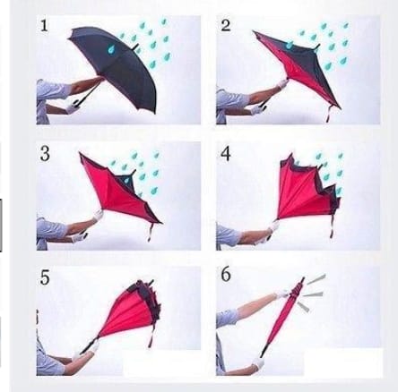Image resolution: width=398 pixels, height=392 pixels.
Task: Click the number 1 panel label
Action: point(44,26)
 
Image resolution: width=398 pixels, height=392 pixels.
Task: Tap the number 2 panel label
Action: point(226,25)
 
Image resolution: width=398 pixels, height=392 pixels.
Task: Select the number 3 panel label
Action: point(45,154)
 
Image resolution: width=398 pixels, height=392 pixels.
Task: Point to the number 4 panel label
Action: point(226,154)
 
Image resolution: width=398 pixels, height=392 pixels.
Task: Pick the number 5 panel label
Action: point(45,277)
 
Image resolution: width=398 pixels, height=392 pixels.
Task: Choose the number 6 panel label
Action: point(226,275)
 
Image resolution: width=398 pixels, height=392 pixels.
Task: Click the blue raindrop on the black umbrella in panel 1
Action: point(112,48)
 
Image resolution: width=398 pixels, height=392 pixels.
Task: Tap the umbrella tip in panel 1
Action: point(136,47)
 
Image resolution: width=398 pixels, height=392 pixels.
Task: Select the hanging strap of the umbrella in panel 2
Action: point(328,114)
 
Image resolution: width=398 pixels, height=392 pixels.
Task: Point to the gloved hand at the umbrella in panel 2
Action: point(281,83)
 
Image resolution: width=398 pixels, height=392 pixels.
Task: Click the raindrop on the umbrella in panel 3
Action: point(128,180)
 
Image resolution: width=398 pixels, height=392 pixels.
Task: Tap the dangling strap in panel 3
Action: point(151,233)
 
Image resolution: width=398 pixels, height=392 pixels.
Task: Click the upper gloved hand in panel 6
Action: point(282,294)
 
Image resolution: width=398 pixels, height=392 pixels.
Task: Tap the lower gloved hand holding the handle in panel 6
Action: point(259,362)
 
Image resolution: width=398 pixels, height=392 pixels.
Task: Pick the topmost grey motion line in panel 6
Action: point(316,279)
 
